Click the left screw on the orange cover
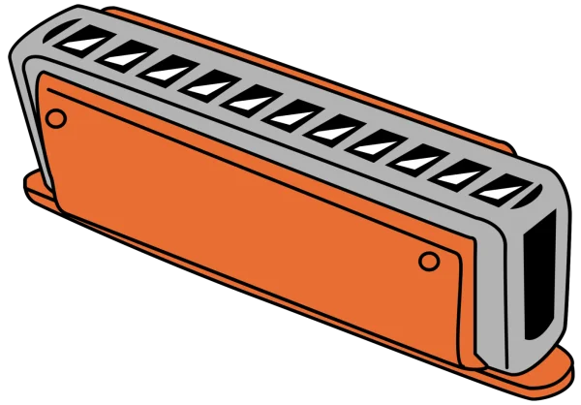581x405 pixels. coord(56,118)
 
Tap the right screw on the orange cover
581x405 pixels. coord(429,262)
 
